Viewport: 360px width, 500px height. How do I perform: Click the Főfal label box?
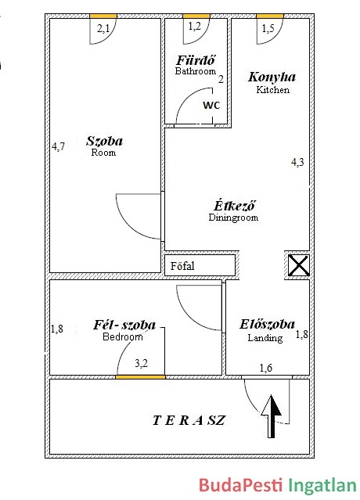(200, 265)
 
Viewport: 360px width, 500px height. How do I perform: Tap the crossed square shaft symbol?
(298, 265)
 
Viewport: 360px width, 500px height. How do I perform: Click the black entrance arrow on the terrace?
(271, 416)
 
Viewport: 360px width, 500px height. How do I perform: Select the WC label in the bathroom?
(211, 105)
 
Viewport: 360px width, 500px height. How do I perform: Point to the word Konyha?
(272, 77)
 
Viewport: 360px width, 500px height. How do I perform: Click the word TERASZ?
(189, 420)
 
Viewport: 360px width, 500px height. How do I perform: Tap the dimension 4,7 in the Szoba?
(59, 146)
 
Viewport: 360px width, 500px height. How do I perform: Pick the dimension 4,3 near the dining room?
(297, 162)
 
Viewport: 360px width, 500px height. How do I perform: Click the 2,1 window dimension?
(103, 29)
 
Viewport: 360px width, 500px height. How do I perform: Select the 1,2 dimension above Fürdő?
(195, 27)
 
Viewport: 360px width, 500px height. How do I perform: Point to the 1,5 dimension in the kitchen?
(268, 29)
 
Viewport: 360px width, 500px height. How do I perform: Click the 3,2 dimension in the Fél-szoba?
(141, 363)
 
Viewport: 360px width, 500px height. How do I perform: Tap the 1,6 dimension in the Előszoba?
(266, 368)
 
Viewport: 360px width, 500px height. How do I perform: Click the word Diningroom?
(233, 218)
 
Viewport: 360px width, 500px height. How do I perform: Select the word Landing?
(265, 338)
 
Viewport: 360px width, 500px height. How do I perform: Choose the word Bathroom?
(196, 70)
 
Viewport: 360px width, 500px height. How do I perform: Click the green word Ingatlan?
(322, 486)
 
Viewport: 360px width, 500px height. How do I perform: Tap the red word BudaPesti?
(240, 485)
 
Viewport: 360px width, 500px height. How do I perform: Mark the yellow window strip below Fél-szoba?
(140, 377)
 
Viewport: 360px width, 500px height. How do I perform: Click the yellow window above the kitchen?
(270, 16)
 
